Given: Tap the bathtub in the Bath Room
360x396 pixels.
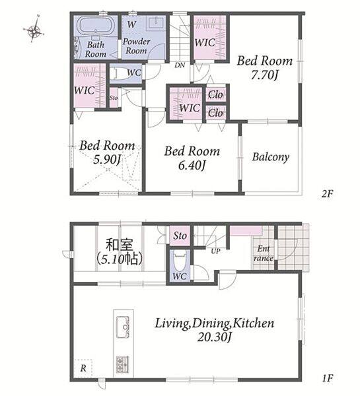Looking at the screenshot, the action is [x=96, y=26].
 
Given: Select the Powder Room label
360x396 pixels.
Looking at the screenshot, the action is [x=136, y=46].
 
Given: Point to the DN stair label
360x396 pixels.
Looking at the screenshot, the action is [x=180, y=65].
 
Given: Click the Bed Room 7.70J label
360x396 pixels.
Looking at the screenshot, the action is [x=265, y=68].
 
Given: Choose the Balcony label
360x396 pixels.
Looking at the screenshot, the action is [x=271, y=157].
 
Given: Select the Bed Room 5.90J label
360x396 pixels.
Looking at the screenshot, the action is [x=107, y=152].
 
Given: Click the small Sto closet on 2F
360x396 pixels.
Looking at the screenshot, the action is [x=114, y=98].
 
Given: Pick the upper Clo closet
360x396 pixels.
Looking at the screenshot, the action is [x=215, y=94].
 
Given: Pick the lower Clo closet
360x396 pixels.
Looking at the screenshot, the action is [x=215, y=113].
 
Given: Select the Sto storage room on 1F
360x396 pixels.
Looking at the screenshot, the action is [x=180, y=236].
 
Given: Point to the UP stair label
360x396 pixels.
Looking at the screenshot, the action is [x=215, y=251].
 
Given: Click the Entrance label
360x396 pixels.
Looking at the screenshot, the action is [x=264, y=253].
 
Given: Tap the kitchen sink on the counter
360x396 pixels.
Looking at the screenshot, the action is [x=123, y=327].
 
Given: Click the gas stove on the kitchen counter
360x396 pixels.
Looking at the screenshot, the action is [x=123, y=365].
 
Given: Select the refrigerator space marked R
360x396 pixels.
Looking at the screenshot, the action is [x=83, y=368].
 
